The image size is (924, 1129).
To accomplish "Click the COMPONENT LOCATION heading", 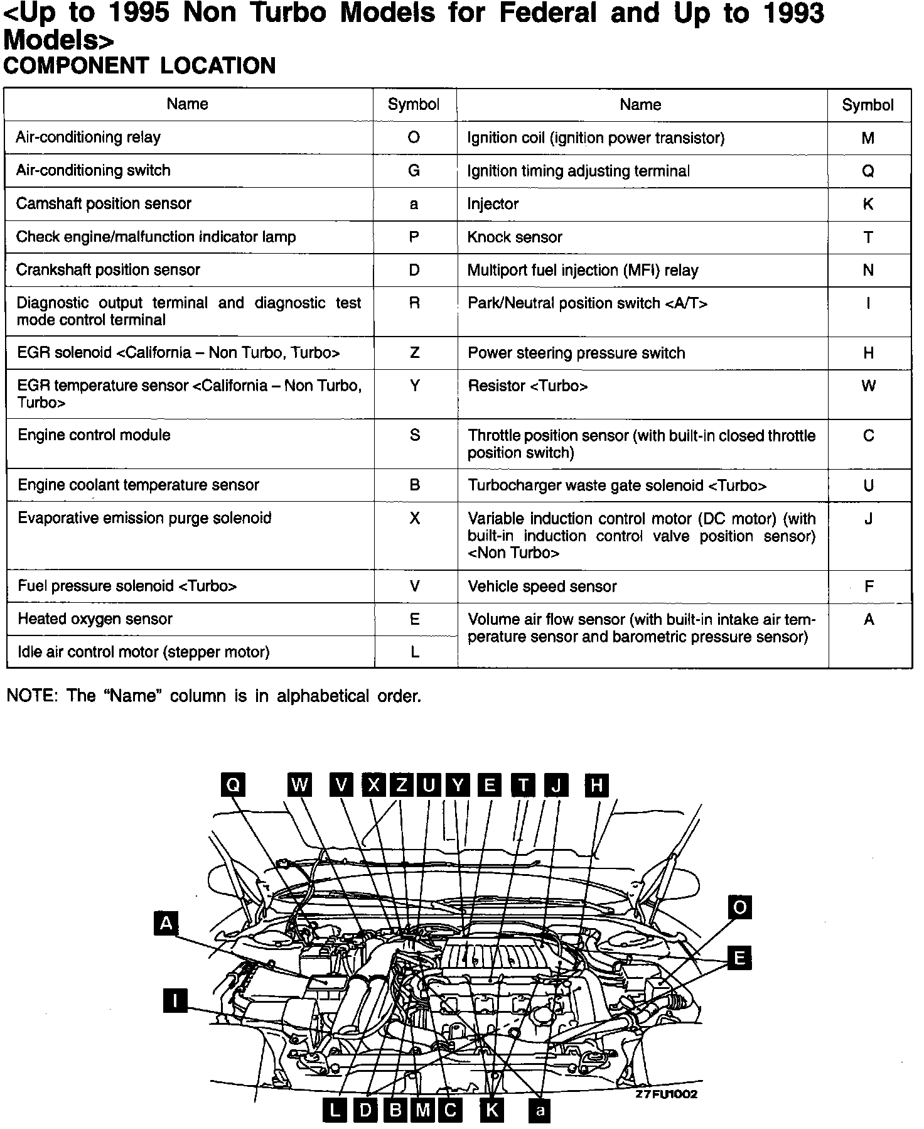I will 139,66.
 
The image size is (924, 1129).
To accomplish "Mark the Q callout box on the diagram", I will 233,784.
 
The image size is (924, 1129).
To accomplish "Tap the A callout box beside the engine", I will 166,923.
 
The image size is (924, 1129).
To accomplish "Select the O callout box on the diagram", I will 739,907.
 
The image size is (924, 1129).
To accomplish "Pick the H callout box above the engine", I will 596,785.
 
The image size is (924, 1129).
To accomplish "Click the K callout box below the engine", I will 492,1110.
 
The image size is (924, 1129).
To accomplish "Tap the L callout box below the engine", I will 335,1110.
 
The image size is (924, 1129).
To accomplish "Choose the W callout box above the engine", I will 300,784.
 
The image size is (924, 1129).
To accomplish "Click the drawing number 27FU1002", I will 666,1094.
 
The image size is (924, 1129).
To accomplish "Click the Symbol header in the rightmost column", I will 868,105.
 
